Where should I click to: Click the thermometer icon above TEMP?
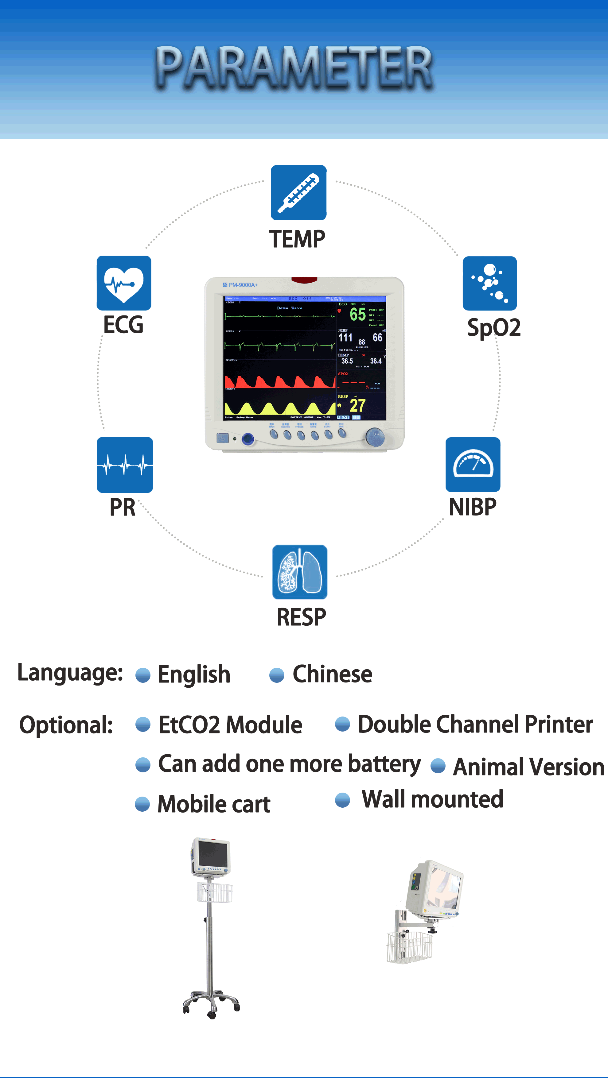[x=298, y=192]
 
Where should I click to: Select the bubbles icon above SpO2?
[x=489, y=283]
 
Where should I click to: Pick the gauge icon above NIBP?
[x=473, y=465]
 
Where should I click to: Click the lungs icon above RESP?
[x=299, y=572]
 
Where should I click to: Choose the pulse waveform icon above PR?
[x=124, y=465]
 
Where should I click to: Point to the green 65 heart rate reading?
[x=358, y=314]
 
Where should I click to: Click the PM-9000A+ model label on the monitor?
[x=243, y=285]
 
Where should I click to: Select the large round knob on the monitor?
[x=375, y=437]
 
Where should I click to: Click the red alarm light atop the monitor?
[x=304, y=280]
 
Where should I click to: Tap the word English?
[x=194, y=674]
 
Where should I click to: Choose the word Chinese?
[x=332, y=674]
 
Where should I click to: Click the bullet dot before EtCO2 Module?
[x=143, y=724]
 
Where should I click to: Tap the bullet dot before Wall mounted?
[x=342, y=800]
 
